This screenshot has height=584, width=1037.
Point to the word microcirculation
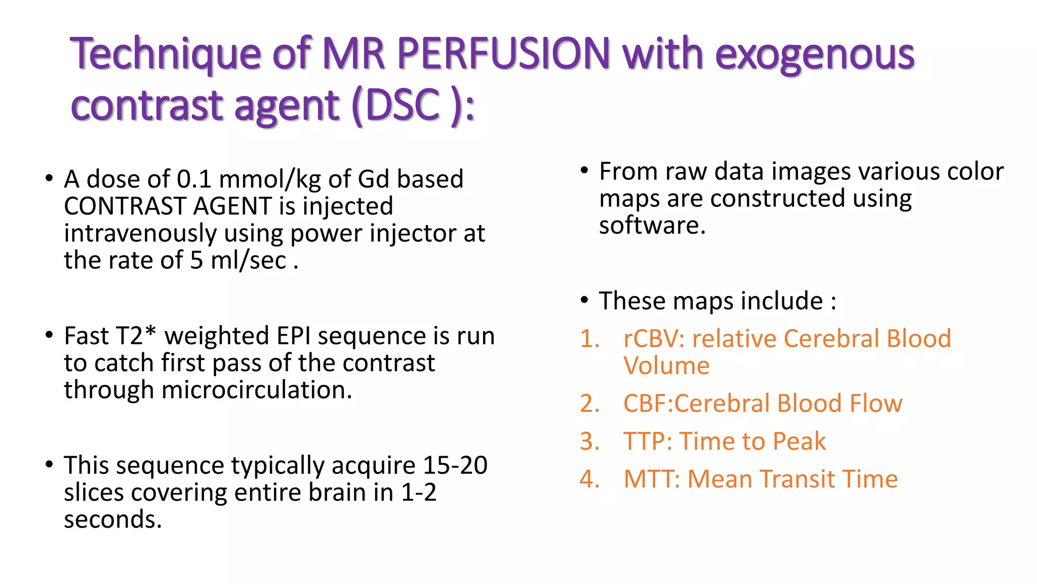(256, 390)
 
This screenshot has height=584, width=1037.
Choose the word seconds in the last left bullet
(112, 520)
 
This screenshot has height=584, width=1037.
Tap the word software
(652, 225)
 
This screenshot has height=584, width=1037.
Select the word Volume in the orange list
(666, 366)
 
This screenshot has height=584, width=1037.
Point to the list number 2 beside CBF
(589, 404)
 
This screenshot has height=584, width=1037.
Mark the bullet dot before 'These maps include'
(584, 301)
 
